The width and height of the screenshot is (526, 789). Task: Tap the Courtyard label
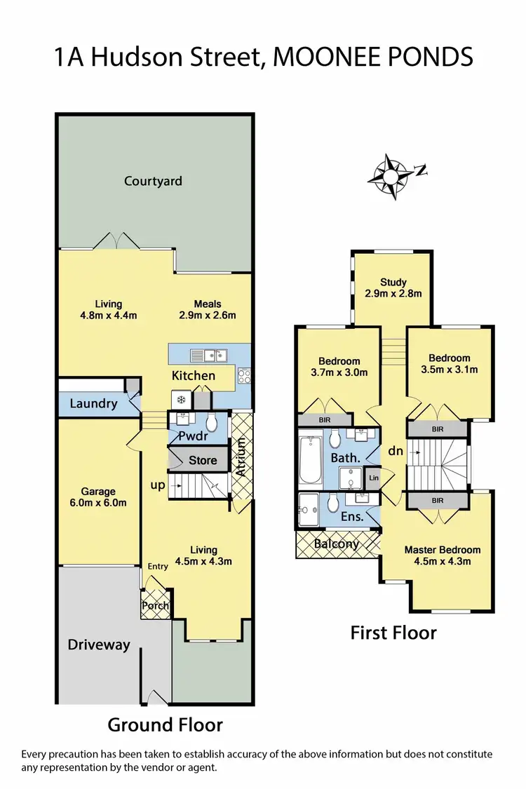pos(153,181)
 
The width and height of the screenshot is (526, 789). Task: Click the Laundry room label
pos(93,404)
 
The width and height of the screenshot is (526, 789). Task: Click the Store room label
pos(203,461)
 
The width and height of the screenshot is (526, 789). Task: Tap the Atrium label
pos(241,457)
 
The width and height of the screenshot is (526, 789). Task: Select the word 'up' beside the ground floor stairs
pos(157,485)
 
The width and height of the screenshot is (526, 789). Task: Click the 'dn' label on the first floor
pos(396,452)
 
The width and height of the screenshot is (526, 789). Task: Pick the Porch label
pos(156,605)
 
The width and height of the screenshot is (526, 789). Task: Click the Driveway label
pos(99,645)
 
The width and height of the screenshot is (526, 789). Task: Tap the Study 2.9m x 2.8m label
pos(393,288)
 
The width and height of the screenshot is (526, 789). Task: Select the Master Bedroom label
pos(443,555)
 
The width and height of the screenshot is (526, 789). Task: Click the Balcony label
pos(337,544)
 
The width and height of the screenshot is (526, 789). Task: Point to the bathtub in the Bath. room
pos(309,461)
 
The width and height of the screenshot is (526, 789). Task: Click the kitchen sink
pos(208,354)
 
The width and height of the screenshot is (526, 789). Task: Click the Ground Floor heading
pos(165,724)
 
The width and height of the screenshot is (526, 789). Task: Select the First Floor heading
pos(393,633)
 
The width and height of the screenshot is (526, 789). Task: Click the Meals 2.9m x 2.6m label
pos(208,309)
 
